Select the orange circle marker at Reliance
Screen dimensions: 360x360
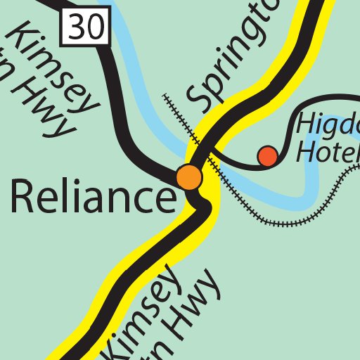point(189,177)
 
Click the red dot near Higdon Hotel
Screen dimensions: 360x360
point(267,155)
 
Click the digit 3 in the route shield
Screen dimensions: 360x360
point(77,27)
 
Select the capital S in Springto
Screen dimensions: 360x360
point(202,98)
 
